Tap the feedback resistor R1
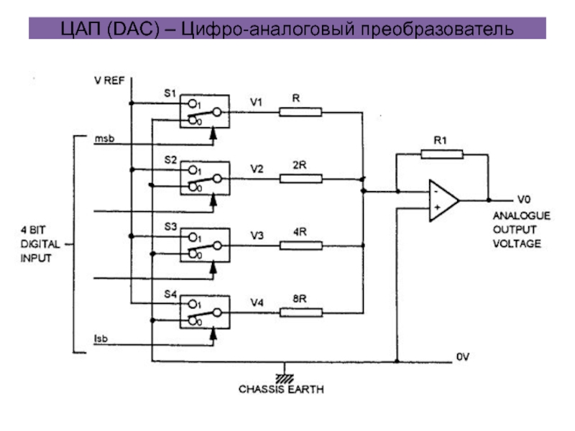[441, 154]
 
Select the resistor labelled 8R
[301, 312]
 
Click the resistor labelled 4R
[301, 245]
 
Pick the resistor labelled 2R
[301, 178]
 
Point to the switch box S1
[204, 111]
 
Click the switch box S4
[204, 312]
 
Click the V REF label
[109, 80]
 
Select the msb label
[104, 137]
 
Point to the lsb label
[101, 338]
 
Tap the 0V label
[462, 356]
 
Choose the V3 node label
[257, 236]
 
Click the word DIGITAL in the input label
[35, 245]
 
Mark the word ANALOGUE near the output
[521, 215]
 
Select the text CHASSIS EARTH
[281, 390]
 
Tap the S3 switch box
[204, 245]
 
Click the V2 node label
[257, 170]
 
